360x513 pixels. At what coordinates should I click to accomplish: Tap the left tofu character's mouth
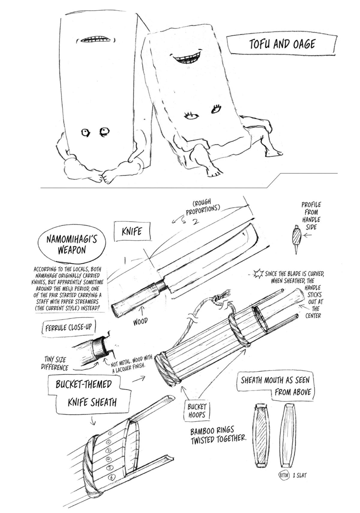click(95, 40)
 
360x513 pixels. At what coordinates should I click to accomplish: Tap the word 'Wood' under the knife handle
click(140, 322)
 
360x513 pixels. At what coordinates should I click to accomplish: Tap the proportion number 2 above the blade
click(195, 221)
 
